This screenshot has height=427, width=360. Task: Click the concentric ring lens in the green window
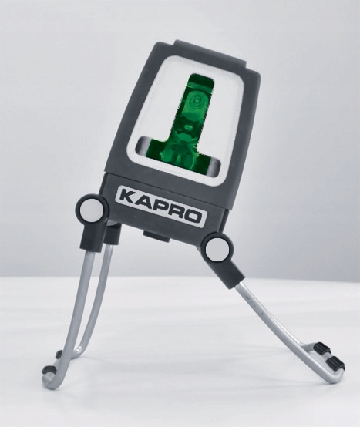(x=195, y=102)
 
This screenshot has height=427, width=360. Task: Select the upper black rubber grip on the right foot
(x=321, y=348)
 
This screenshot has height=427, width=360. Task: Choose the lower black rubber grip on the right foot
(x=335, y=362)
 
